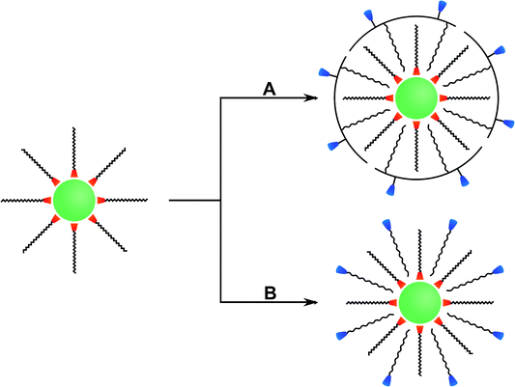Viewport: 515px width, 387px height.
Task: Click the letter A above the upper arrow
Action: pyautogui.click(x=271, y=88)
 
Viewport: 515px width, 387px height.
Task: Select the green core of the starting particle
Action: pyautogui.click(x=74, y=200)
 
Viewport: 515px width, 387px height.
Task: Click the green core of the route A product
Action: pyautogui.click(x=417, y=99)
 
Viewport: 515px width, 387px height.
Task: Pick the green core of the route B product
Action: pyautogui.click(x=417, y=302)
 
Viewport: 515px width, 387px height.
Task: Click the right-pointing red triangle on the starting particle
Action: pyautogui.click(x=100, y=200)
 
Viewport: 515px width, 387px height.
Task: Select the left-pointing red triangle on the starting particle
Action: pyautogui.click(x=48, y=200)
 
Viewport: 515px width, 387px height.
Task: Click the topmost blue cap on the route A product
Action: pyautogui.click(x=443, y=7)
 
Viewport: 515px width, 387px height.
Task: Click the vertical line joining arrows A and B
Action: pyautogui.click(x=222, y=200)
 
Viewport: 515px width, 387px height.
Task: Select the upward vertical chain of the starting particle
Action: pyautogui.click(x=74, y=150)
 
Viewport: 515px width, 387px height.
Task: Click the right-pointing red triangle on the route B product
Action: pyautogui.click(x=443, y=302)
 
